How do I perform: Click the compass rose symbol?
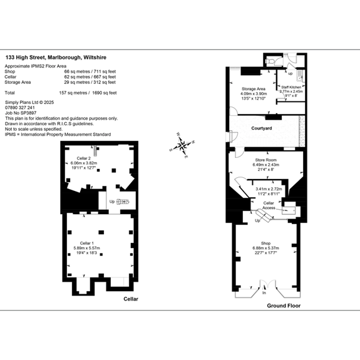pyautogui.click(x=182, y=146)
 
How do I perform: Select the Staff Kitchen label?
pyautogui.click(x=291, y=86)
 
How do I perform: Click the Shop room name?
pyautogui.click(x=265, y=243)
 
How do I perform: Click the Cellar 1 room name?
pyautogui.click(x=87, y=242)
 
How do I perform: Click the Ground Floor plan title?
pyautogui.click(x=284, y=306)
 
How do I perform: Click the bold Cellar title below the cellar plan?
pyautogui.click(x=130, y=299)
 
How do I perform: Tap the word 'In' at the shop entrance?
pyautogui.click(x=264, y=293)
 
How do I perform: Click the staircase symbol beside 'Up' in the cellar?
pyautogui.click(x=123, y=202)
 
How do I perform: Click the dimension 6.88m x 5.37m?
pyautogui.click(x=265, y=248)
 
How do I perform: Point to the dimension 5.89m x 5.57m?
pyautogui.click(x=87, y=247)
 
